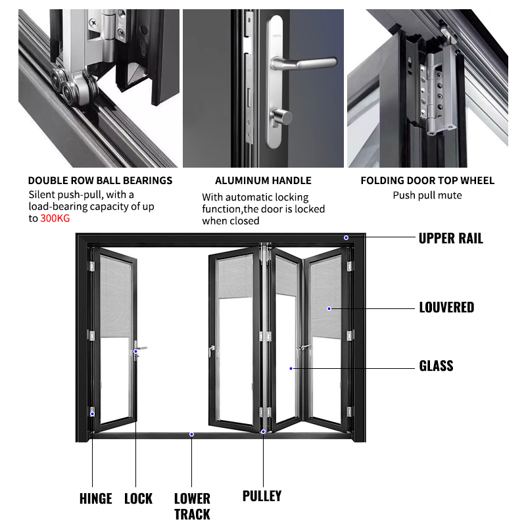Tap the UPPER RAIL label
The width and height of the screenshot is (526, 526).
coord(450,238)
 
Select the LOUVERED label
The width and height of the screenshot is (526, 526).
coord(446,307)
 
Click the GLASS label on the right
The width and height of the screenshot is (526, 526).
coord(436,366)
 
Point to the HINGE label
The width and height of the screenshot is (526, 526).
coord(95,498)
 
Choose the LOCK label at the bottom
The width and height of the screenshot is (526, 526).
coord(138,498)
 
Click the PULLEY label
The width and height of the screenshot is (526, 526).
coord(262,495)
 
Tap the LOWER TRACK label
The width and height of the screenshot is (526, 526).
coord(192,506)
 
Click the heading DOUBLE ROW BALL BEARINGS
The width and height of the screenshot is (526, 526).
coord(100,180)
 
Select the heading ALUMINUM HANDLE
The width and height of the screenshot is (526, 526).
coord(263,180)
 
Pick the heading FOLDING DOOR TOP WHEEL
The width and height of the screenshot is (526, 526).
coord(427,180)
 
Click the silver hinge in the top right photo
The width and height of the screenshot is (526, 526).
coord(434,92)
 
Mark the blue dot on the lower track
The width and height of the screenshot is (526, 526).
coord(191,434)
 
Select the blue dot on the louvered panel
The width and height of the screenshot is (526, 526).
coord(329,307)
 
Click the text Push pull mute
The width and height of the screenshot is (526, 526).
coord(427,195)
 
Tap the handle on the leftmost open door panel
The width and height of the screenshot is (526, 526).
coord(138,350)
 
